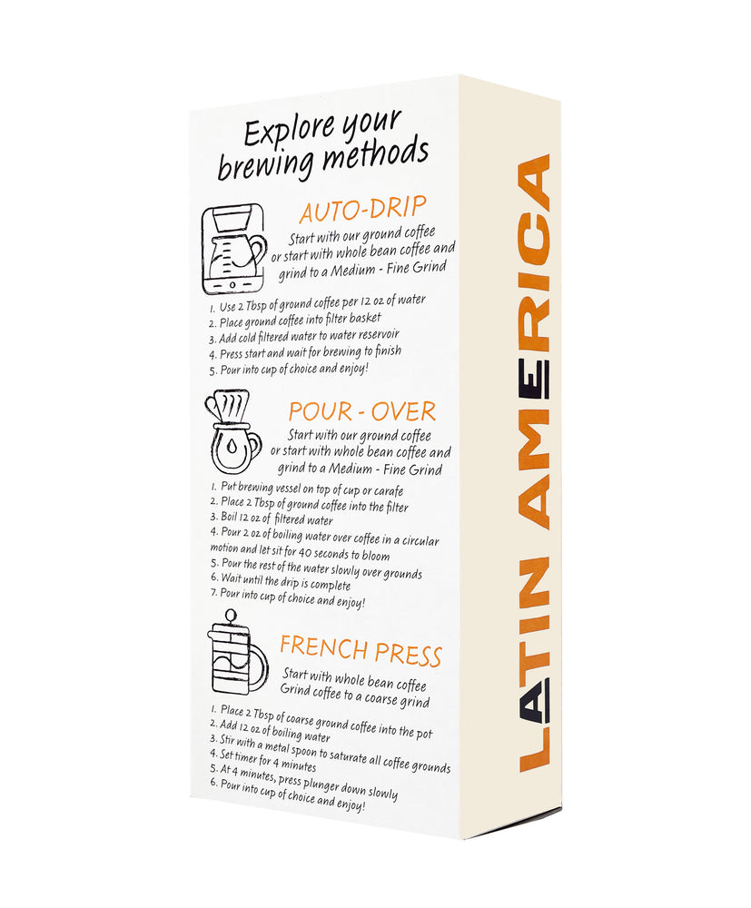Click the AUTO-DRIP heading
[363, 210]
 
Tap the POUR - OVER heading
[362, 411]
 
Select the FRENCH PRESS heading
[361, 650]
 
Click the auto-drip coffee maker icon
[233, 249]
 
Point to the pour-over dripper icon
[232, 431]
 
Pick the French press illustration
[237, 651]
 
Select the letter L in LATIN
[533, 751]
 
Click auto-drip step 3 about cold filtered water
[304, 337]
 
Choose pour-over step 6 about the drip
[281, 581]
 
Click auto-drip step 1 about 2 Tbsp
[317, 303]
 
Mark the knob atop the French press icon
[231, 615]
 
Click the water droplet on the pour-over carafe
[232, 447]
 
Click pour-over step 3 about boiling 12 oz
[272, 518]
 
